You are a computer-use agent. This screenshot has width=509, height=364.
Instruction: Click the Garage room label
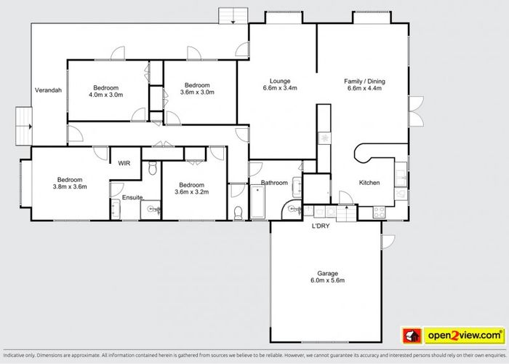[327, 277]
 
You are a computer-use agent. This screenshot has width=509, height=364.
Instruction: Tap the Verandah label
[48, 90]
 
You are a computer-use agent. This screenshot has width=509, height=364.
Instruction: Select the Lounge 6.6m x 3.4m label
[280, 84]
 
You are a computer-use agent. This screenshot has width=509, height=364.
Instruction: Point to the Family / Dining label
[364, 82]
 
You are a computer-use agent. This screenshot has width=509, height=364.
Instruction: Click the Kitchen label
[369, 183]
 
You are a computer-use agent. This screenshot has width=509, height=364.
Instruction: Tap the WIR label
[124, 163]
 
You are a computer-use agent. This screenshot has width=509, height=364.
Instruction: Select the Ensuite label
[132, 197]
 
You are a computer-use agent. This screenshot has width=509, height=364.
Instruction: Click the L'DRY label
[321, 226]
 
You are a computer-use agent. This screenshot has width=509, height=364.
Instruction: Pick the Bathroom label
[274, 183]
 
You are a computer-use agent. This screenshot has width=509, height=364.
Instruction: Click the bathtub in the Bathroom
[257, 202]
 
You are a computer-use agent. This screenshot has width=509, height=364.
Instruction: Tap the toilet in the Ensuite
[153, 168]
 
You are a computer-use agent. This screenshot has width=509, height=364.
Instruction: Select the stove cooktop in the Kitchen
[379, 213]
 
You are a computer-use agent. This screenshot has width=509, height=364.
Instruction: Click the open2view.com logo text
[465, 336]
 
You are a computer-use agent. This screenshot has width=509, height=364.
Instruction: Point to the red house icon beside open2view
[412, 336]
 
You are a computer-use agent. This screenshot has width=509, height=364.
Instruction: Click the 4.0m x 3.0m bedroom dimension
[106, 95]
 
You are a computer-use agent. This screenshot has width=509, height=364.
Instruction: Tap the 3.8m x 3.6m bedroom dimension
[70, 187]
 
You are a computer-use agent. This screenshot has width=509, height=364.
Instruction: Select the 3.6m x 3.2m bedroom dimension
[191, 192]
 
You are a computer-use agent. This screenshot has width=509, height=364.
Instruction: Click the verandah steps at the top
[233, 15]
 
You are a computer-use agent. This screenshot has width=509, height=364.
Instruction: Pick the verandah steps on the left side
[24, 126]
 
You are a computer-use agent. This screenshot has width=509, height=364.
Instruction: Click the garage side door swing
[388, 242]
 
